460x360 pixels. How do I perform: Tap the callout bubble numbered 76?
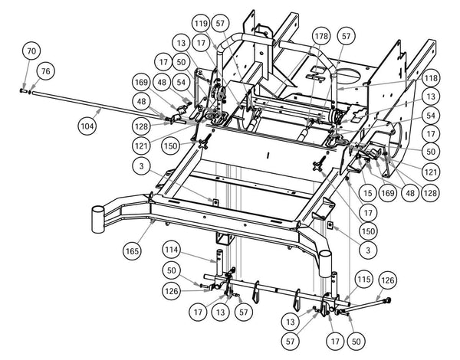(45, 70)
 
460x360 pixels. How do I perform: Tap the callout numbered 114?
(172, 250)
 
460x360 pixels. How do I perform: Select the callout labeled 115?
(363, 281)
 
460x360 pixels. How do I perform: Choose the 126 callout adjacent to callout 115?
(388, 281)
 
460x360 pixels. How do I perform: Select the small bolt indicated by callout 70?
(24, 90)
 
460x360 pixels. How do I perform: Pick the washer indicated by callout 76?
(30, 91)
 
